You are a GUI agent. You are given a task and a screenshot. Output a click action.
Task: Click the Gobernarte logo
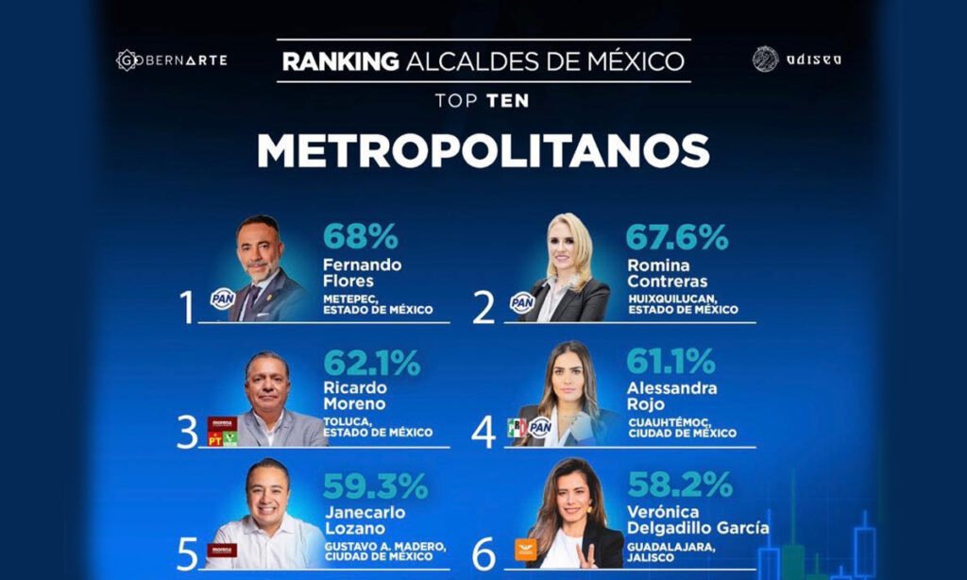(x=171, y=60)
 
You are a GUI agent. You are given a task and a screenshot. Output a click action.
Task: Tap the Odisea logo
(x=796, y=60)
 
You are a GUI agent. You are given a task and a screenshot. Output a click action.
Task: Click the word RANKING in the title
(x=340, y=62)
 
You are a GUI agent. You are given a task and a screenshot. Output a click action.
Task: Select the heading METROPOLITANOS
(x=483, y=151)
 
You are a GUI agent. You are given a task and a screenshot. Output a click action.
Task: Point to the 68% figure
(x=361, y=236)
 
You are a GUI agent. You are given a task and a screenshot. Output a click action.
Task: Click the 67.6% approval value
(x=677, y=236)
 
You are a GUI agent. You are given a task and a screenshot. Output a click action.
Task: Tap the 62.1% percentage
(x=372, y=364)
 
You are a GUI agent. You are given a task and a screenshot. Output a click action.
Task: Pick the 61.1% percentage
(x=671, y=362)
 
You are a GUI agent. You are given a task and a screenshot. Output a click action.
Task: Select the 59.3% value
(x=375, y=486)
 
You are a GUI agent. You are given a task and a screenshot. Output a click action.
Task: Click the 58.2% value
(x=679, y=485)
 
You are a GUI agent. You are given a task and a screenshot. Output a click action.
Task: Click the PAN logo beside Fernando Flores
(x=222, y=299)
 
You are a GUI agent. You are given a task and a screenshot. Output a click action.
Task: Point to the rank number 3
(x=187, y=432)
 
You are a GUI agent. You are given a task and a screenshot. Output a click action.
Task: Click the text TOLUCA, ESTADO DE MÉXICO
(x=378, y=426)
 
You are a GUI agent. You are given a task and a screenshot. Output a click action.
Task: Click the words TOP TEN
(x=483, y=98)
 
